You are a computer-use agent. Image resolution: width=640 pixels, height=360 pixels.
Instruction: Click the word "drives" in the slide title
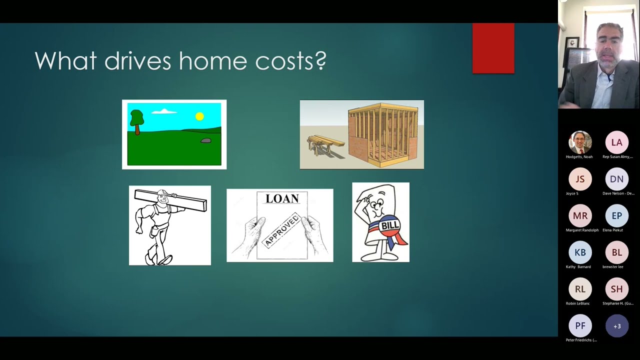click(137, 61)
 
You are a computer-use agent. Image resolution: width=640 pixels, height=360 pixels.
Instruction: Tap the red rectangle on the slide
click(493, 48)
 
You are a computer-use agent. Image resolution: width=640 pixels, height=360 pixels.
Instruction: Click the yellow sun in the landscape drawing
click(199, 116)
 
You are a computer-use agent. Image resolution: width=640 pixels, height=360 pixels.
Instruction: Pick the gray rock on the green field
click(205, 141)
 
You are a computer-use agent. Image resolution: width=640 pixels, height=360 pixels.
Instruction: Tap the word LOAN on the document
click(282, 198)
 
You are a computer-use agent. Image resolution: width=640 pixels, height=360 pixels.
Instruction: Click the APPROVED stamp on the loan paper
click(281, 230)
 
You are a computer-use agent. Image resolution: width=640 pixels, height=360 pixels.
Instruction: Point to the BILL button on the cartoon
click(390, 226)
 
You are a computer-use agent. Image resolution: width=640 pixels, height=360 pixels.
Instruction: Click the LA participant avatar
click(616, 142)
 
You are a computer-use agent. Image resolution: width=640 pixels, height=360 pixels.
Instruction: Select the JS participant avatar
click(580, 179)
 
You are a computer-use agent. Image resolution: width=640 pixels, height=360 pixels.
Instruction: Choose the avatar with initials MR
click(580, 215)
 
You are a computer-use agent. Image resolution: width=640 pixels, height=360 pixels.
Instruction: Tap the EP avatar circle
click(616, 215)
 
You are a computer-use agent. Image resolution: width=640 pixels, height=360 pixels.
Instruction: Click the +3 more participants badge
click(616, 326)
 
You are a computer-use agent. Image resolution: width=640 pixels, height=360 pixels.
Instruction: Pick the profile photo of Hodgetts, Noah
click(580, 142)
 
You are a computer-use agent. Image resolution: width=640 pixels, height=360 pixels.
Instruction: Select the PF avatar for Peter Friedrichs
click(580, 326)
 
